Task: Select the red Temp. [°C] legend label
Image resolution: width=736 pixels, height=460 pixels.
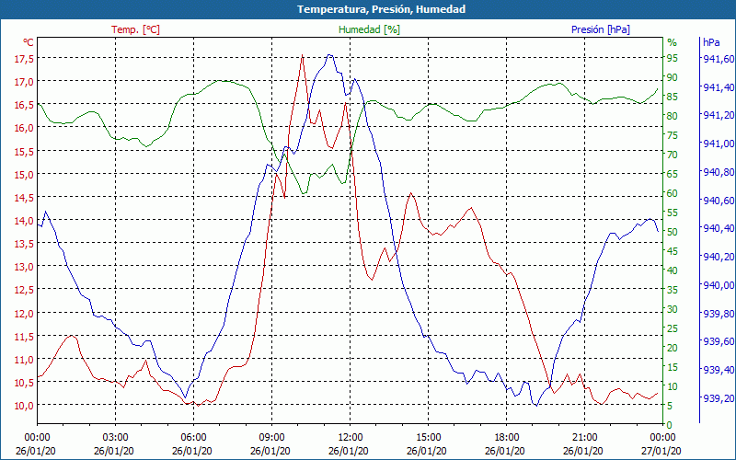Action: coord(135,29)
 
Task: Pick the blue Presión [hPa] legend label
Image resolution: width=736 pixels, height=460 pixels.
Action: coord(601,29)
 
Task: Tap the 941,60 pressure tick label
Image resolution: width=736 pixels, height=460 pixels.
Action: coord(718,58)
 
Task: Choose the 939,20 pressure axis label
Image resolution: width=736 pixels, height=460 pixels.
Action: coord(718,398)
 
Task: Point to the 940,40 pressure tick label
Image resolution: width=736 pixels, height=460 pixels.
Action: coord(718,228)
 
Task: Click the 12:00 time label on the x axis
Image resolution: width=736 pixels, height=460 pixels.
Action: coord(350,436)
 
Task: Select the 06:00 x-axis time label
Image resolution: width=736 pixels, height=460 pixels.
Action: coord(193,436)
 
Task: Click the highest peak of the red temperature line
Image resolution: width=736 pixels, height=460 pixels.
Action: coord(302,55)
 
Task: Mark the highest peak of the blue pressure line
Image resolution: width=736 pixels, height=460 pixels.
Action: coord(329,55)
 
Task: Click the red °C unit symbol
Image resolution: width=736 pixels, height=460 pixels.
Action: coord(29,42)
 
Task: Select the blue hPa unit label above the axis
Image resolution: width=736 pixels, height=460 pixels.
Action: coord(711,42)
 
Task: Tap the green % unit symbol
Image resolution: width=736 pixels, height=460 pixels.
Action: coord(672,42)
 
